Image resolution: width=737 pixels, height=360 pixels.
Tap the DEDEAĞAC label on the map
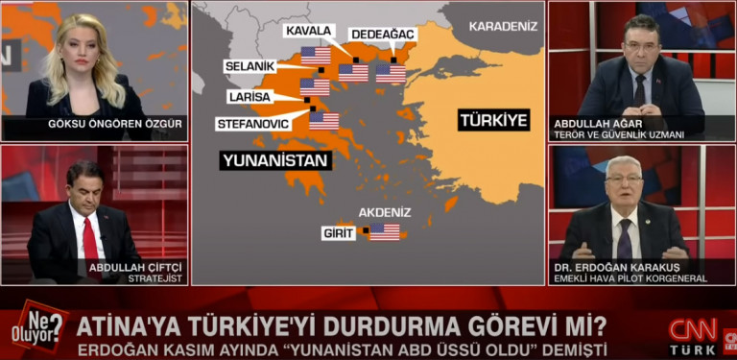point(383,35)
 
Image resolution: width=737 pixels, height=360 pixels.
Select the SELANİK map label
point(250,66)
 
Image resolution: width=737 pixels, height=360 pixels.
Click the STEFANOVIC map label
point(254,124)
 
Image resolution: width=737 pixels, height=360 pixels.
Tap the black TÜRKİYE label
point(493,120)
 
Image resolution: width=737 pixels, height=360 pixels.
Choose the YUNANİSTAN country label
point(274,160)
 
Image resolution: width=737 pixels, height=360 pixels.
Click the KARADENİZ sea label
point(504,26)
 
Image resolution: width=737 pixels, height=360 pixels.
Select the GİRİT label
point(338,232)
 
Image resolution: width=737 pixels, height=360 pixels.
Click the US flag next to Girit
point(384,231)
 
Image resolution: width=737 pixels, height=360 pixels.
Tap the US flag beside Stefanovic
point(323,121)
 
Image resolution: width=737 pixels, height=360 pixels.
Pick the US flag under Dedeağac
point(391,73)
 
